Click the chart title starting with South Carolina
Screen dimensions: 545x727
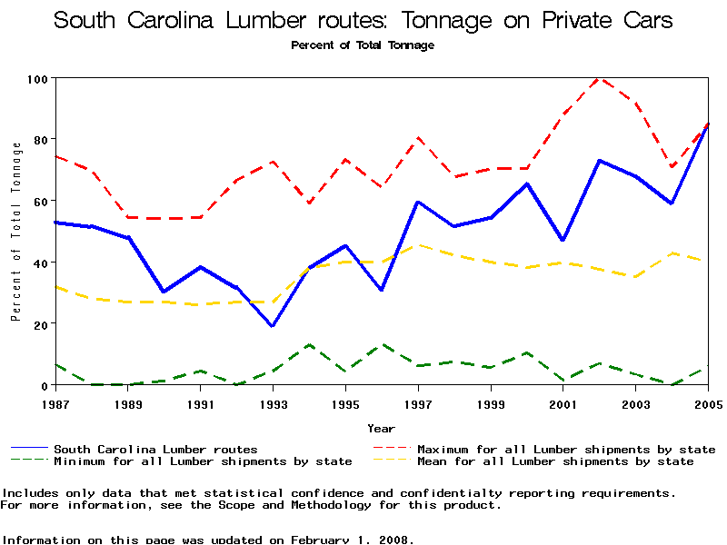363,20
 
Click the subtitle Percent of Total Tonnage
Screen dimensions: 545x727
363,45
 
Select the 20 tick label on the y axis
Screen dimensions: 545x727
40,323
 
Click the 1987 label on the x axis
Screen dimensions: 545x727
55,402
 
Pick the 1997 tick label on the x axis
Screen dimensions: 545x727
417,402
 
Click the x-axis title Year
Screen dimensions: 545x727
381,428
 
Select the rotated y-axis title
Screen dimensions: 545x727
15,232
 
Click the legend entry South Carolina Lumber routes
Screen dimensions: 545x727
155,449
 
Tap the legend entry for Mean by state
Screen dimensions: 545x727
554,461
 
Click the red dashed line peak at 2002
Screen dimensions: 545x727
599,79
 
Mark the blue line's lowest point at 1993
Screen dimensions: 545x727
273,326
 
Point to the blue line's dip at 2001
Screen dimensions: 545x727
563,240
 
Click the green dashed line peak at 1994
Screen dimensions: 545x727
309,345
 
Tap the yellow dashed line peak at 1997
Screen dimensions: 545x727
418,245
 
